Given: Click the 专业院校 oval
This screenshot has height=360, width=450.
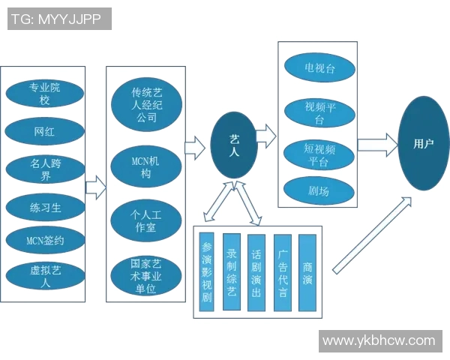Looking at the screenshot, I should tap(45, 93).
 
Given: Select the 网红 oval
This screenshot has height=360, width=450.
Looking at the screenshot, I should tap(45, 132).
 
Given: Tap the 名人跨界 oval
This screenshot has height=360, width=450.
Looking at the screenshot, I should tap(45, 169).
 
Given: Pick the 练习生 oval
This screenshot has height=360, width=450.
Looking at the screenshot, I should tap(45, 206).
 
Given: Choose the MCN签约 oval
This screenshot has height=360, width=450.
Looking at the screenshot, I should tap(45, 241).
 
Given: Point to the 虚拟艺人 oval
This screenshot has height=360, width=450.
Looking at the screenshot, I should tap(45, 277).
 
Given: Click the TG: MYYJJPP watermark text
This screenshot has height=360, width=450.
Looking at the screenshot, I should tap(59, 19).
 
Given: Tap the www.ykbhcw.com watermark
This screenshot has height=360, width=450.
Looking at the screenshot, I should tap(379, 341).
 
